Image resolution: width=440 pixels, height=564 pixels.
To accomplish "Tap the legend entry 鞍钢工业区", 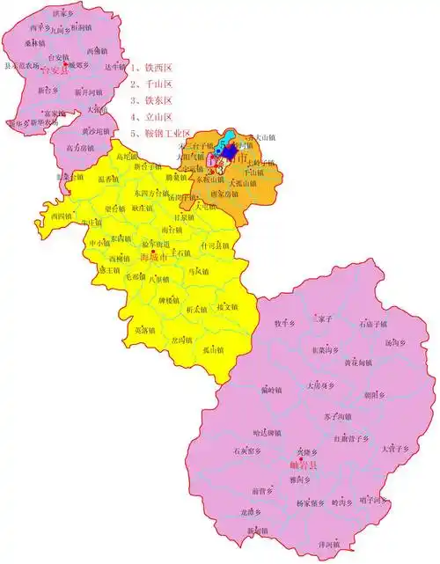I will [x=161, y=133].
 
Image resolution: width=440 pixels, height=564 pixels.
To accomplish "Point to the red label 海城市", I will [x=153, y=256].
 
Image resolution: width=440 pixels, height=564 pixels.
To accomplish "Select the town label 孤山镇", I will [x=213, y=349].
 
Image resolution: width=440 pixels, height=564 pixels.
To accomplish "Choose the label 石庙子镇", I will [x=373, y=324].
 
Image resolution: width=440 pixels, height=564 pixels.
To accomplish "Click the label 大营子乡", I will [x=396, y=448].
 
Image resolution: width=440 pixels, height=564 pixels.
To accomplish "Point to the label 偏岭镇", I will [x=272, y=389].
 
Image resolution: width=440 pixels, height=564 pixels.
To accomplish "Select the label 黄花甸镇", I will [x=358, y=361].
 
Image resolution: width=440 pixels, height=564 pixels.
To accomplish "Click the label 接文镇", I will [x=226, y=307].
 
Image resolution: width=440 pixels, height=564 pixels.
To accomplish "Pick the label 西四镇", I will [x=61, y=215].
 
